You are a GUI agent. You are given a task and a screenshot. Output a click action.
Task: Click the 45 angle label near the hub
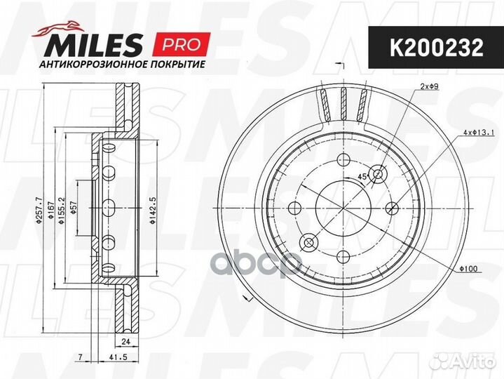[363, 176]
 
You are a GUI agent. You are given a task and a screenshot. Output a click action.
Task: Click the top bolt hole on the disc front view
[344, 159]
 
